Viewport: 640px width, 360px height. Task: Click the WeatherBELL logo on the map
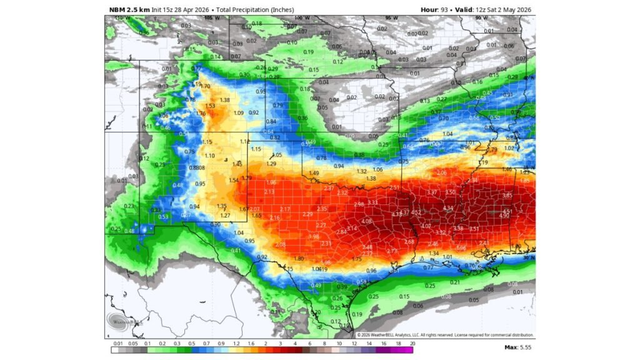click(118, 321)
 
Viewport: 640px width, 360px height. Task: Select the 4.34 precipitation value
click(447, 208)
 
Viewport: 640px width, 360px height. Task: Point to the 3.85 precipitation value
click(507, 196)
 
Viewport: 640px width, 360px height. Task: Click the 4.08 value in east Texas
click(366, 221)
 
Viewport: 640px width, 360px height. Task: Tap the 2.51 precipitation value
click(394, 187)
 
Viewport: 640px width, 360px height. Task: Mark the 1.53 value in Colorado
click(210, 106)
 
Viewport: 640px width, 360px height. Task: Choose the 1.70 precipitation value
click(205, 86)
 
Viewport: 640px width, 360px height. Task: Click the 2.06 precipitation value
click(441, 172)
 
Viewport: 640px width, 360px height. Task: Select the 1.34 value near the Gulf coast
click(434, 253)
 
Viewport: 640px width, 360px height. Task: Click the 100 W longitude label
click(301, 18)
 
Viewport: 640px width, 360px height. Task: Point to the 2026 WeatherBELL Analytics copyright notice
click(444, 335)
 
